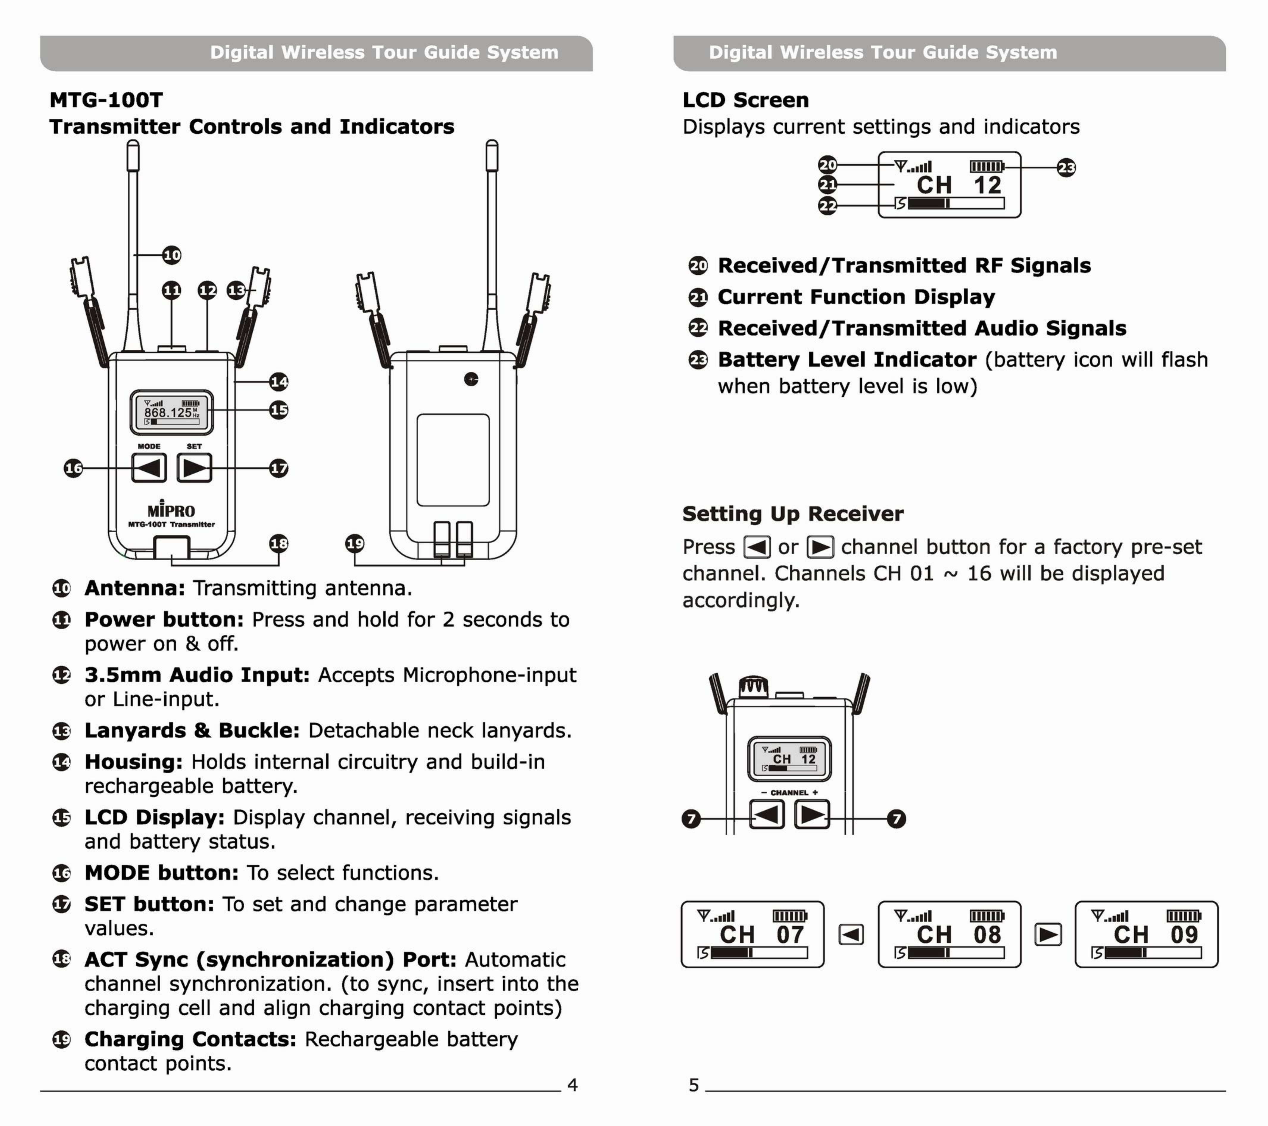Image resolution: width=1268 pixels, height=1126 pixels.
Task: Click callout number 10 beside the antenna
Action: pos(172,255)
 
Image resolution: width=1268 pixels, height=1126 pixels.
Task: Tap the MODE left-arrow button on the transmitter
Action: pos(149,467)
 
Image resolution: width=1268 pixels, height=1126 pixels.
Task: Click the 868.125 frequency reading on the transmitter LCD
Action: pos(168,412)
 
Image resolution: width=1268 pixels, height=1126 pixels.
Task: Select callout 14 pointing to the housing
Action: pos(279,381)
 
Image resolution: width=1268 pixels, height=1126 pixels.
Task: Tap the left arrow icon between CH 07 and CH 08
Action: pos(851,934)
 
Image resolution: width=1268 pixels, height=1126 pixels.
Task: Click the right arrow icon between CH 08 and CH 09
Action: pos(1048,934)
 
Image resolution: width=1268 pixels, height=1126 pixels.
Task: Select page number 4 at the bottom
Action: pos(572,1084)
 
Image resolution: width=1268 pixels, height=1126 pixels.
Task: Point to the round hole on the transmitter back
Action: pos(471,379)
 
